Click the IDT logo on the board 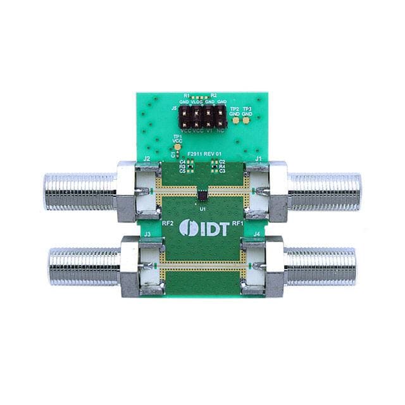[202, 227]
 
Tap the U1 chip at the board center [202, 189]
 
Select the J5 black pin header [202, 116]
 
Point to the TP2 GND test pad [235, 120]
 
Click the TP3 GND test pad [247, 120]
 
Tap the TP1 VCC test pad [177, 146]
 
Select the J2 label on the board [147, 158]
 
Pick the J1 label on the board [258, 158]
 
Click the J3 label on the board [147, 234]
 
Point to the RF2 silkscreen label [168, 223]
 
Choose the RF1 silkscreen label [238, 223]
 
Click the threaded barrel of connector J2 [79, 192]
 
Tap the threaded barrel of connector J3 [84, 266]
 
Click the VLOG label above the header [196, 102]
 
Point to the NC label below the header [220, 130]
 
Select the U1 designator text [202, 208]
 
